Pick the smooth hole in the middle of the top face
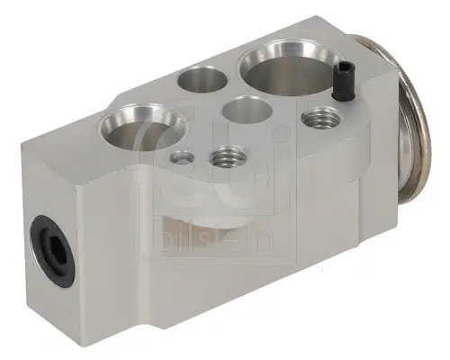tap(244, 112)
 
